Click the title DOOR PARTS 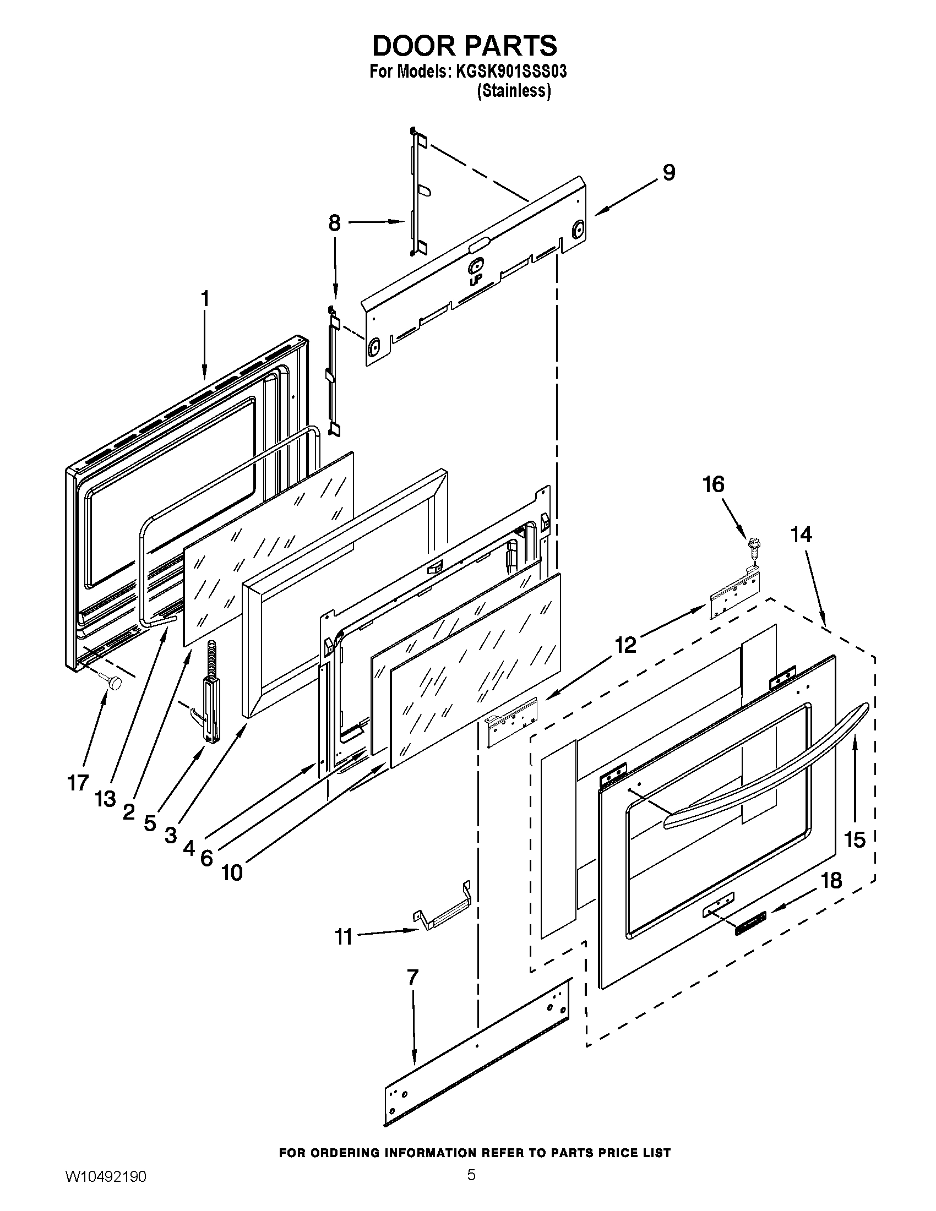click(465, 46)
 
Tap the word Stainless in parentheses click(514, 91)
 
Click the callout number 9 click(669, 173)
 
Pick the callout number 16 click(714, 484)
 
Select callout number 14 click(801, 534)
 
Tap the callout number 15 click(855, 840)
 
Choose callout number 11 click(344, 937)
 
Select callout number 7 click(412, 977)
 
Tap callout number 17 click(78, 783)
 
